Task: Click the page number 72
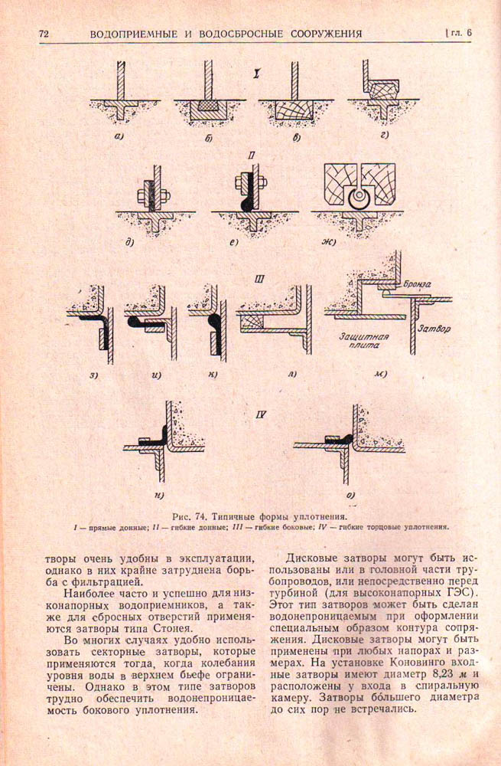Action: pyautogui.click(x=44, y=34)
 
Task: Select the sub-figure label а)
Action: pyautogui.click(x=119, y=137)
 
